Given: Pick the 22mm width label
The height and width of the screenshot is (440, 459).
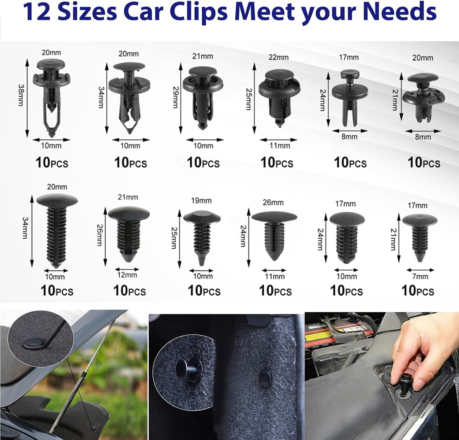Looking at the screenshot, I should tap(278, 57).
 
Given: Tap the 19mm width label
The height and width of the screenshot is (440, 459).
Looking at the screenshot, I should tap(201, 201).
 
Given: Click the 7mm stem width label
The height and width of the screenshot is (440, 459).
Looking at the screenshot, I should tap(420, 277).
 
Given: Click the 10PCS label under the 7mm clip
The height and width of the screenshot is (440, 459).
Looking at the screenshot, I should tap(418, 291).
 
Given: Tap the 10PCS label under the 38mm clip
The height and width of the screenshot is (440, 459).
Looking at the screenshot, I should tap(52, 163).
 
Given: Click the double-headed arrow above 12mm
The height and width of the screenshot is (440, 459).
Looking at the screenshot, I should tap(127, 270).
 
